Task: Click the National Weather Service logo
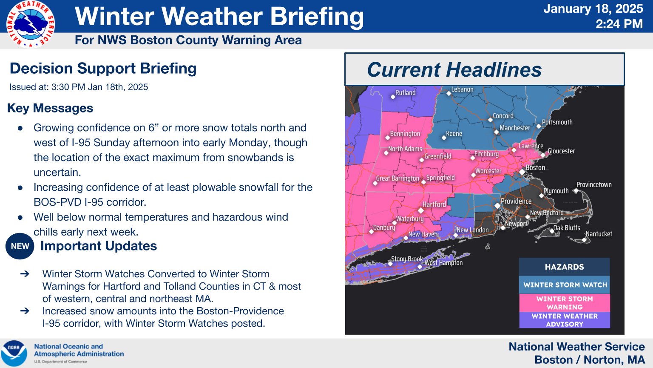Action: click(x=30, y=24)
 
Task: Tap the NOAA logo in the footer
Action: click(x=14, y=353)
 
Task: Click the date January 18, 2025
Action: click(x=593, y=9)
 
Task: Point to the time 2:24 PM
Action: click(x=619, y=24)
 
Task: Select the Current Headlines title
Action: click(x=454, y=70)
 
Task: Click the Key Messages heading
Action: click(x=50, y=108)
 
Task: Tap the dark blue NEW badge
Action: click(x=20, y=246)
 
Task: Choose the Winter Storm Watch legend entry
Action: click(x=565, y=285)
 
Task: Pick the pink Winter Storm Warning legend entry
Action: click(x=565, y=303)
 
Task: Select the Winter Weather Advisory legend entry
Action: click(x=565, y=320)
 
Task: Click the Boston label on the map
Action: click(x=535, y=168)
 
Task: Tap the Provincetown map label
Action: click(x=594, y=185)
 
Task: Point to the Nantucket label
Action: click(x=599, y=234)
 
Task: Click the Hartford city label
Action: click(x=434, y=204)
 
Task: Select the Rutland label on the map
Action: click(x=405, y=93)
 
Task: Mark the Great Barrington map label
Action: click(x=397, y=178)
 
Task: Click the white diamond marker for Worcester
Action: click(x=473, y=175)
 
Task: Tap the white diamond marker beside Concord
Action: click(x=490, y=120)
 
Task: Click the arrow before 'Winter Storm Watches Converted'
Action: click(x=25, y=274)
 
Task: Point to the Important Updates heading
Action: click(x=99, y=246)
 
